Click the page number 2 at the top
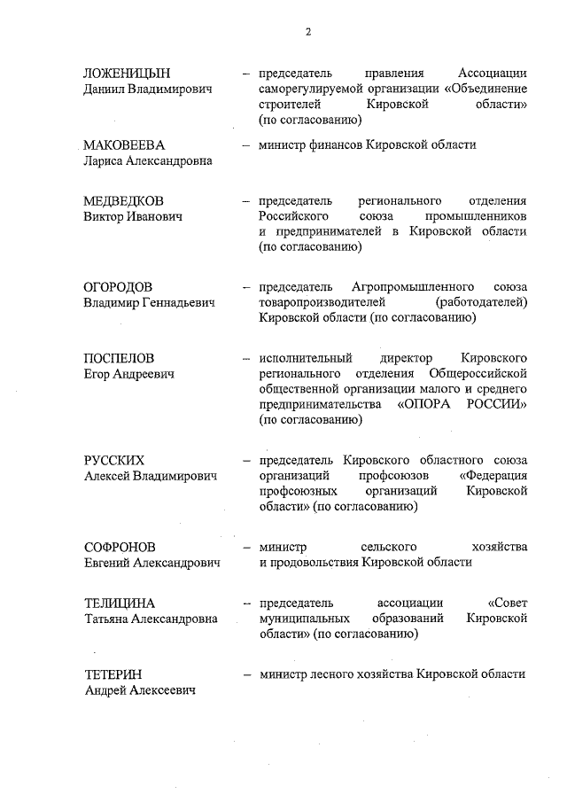click(x=308, y=32)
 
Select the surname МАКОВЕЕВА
click(x=124, y=145)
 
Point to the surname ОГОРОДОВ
click(x=118, y=287)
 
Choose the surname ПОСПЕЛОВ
click(x=119, y=358)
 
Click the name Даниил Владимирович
click(x=148, y=89)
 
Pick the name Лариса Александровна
click(x=148, y=160)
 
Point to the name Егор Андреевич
click(x=128, y=373)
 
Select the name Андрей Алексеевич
click(x=140, y=689)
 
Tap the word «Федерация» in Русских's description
click(x=494, y=475)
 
